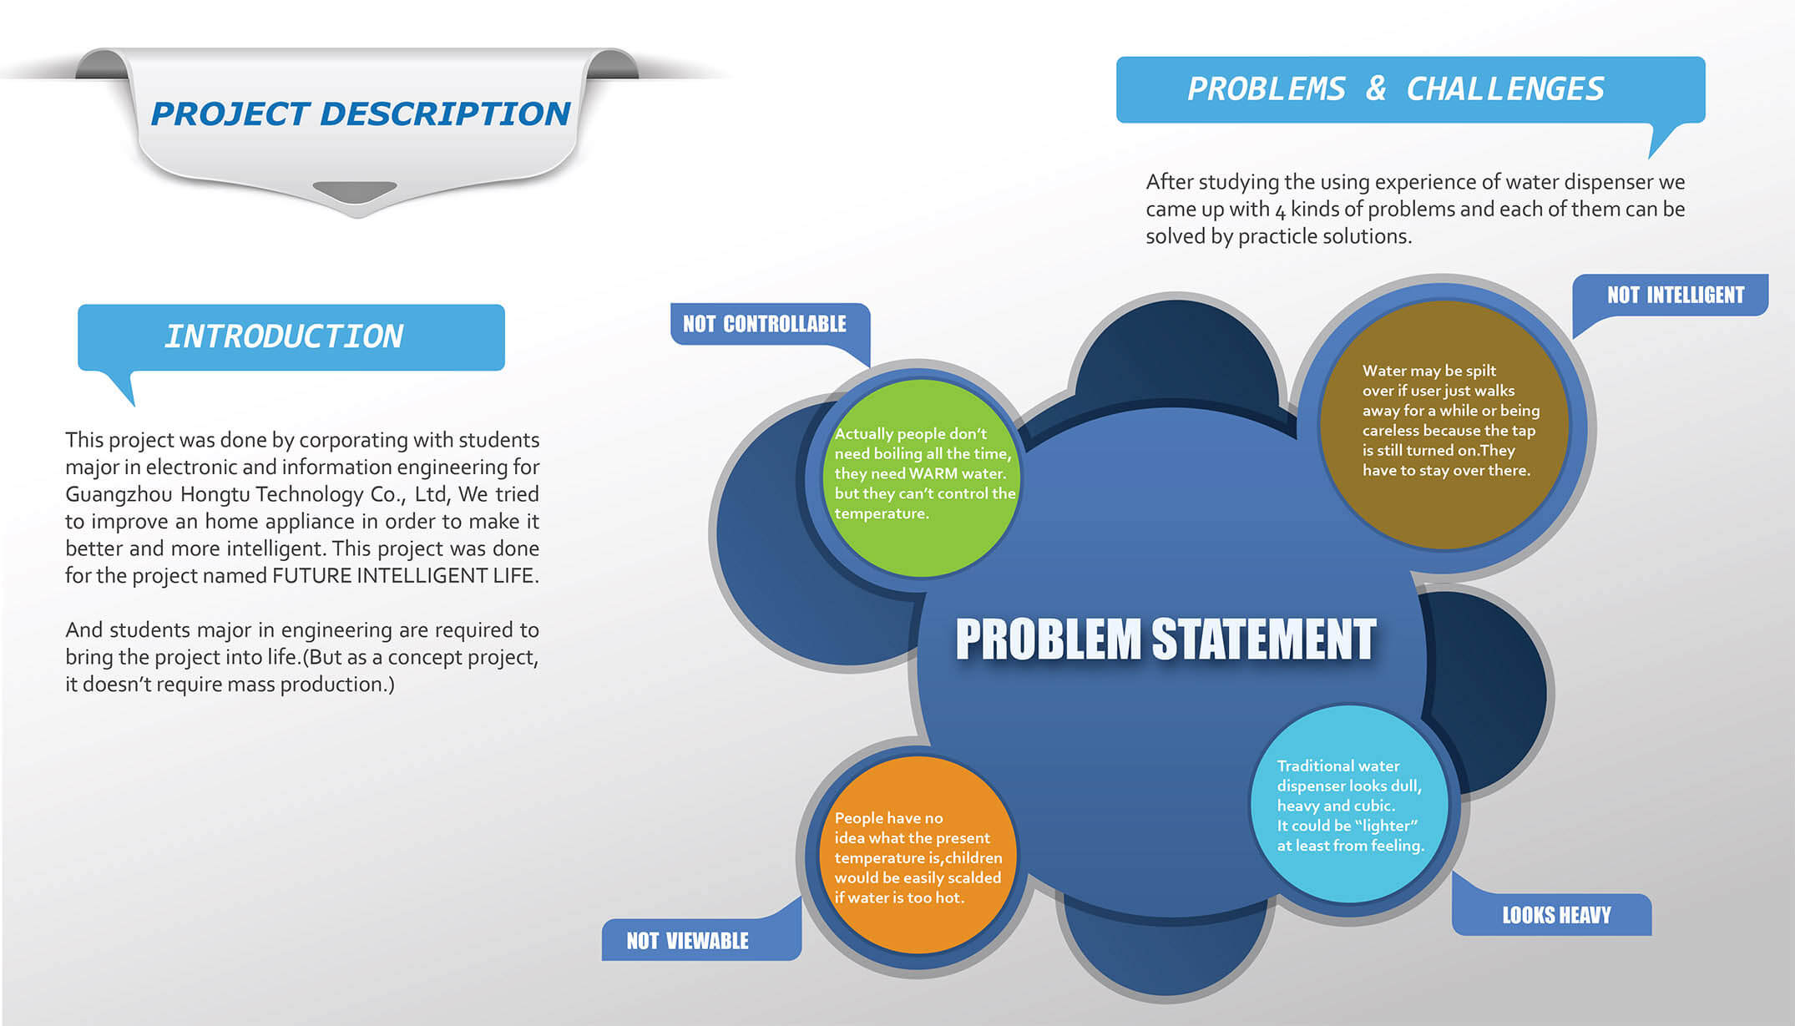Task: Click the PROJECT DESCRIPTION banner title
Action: click(x=361, y=114)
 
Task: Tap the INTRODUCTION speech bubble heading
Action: click(x=284, y=336)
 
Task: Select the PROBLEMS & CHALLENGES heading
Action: click(x=1396, y=88)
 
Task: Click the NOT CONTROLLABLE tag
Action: click(x=765, y=324)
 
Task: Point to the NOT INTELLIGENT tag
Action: click(x=1676, y=295)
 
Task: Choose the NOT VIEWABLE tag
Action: click(x=687, y=941)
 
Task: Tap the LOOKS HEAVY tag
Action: click(x=1556, y=915)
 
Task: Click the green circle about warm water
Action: click(x=921, y=478)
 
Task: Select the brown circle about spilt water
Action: click(x=1444, y=424)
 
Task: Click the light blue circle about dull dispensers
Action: click(x=1349, y=804)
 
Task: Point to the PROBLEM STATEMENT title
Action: click(x=1165, y=639)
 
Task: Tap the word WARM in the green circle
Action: click(x=933, y=473)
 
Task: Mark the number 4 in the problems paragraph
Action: click(x=1280, y=210)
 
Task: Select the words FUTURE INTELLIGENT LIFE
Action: click(x=404, y=576)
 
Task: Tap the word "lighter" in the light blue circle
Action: click(x=1387, y=826)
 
